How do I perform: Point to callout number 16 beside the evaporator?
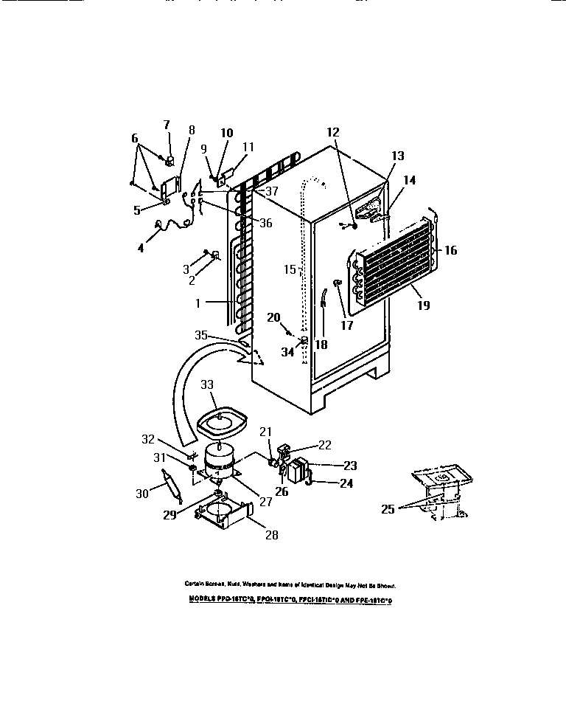point(450,251)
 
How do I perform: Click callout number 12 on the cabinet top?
point(334,132)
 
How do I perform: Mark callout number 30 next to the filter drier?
point(141,494)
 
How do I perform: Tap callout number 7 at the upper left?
point(166,124)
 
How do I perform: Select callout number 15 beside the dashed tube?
point(290,270)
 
